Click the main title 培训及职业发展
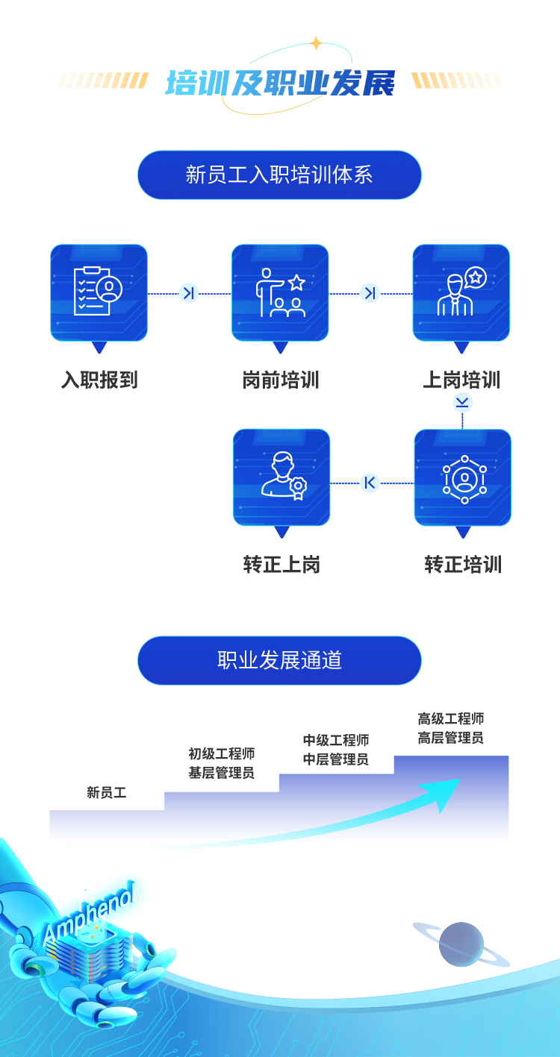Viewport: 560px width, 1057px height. click(x=279, y=84)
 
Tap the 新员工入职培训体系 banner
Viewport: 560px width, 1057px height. click(x=279, y=175)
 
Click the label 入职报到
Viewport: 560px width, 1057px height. click(x=99, y=380)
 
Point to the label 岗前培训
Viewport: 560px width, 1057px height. click(x=281, y=380)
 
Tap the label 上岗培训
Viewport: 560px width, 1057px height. click(x=461, y=380)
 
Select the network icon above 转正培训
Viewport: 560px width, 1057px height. click(x=463, y=477)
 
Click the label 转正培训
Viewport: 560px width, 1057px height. click(x=463, y=565)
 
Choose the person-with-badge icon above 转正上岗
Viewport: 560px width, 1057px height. click(x=281, y=477)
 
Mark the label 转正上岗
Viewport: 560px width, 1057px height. click(x=281, y=565)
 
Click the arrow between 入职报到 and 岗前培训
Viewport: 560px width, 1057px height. click(x=189, y=293)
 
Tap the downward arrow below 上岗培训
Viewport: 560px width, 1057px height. click(x=462, y=403)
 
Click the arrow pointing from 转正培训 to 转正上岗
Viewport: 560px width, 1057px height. click(x=370, y=483)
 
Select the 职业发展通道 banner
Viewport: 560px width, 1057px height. click(x=279, y=660)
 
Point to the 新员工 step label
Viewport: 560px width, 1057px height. click(x=106, y=793)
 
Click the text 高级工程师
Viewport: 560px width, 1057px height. click(x=451, y=719)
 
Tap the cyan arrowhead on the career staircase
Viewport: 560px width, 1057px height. click(x=447, y=794)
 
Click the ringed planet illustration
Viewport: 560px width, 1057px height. click(x=461, y=944)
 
